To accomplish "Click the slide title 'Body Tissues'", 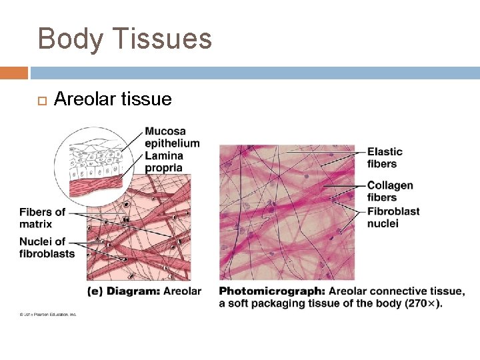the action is (x=125, y=39).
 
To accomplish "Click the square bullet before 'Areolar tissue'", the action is (x=39, y=101).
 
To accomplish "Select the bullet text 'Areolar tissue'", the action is (x=113, y=99).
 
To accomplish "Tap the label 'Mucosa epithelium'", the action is (x=171, y=137).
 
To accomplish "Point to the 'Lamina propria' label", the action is (x=163, y=161).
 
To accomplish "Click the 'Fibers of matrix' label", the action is (x=42, y=218).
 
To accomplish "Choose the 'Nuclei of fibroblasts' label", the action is (x=47, y=247).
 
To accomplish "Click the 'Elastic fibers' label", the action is (x=385, y=158).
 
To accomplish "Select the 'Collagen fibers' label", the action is (x=390, y=191).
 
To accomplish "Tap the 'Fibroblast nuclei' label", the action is (x=393, y=217).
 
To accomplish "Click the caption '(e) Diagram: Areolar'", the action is (x=144, y=291).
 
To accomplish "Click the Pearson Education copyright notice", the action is (x=48, y=315).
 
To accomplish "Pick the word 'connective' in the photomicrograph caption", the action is (x=400, y=291).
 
